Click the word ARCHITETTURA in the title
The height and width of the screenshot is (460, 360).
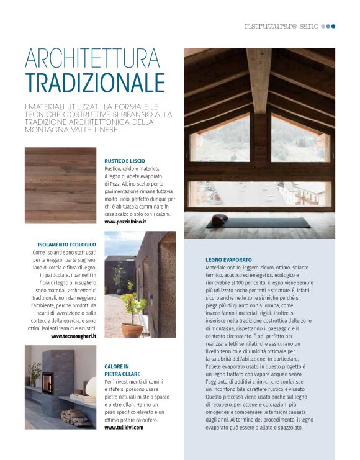[92, 58]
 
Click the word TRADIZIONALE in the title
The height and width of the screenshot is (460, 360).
[95, 83]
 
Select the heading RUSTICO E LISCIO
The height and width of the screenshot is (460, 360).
[125, 161]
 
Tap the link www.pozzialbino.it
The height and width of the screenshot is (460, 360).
[125, 222]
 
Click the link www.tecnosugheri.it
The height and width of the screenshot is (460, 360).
[73, 336]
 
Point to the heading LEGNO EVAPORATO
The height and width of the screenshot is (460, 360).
[228, 259]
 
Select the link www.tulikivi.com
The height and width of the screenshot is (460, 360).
[123, 428]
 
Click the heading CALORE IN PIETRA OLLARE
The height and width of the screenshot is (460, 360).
[122, 370]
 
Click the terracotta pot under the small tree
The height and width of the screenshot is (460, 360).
[132, 329]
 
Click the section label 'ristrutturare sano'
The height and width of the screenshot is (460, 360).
[281, 26]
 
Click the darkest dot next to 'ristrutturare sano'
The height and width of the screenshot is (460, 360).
[333, 26]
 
